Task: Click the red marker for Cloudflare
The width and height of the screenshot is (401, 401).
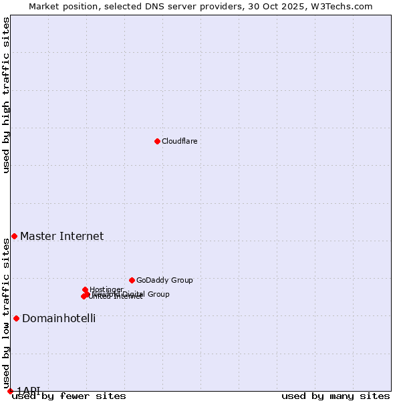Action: [x=157, y=141]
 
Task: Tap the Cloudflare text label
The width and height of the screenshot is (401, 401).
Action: [x=179, y=141]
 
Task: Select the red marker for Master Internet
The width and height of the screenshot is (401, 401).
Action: [x=14, y=236]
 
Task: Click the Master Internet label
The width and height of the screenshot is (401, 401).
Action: [x=61, y=236]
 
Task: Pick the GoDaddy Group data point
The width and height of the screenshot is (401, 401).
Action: [x=132, y=280]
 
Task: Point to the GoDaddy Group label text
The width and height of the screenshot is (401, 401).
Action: [x=164, y=280]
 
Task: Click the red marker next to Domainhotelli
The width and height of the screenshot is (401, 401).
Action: [x=16, y=318]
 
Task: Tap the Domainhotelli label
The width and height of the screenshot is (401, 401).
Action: [x=59, y=318]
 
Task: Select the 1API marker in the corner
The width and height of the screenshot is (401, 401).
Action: [x=10, y=391]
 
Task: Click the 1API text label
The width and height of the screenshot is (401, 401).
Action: [x=29, y=390]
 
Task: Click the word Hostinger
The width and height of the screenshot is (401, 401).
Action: [x=106, y=289]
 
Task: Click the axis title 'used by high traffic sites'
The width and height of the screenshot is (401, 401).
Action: [x=6, y=95]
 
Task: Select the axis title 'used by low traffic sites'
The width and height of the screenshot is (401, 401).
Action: [x=6, y=314]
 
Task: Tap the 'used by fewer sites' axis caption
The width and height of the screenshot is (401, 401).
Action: [x=69, y=396]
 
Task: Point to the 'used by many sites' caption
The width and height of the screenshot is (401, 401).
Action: [x=336, y=396]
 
